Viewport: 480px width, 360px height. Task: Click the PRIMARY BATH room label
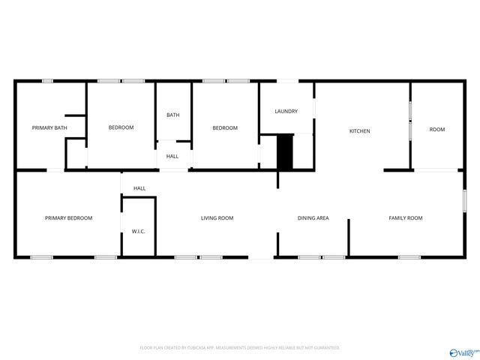pyautogui.click(x=49, y=128)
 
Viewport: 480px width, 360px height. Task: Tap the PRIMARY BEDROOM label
pyautogui.click(x=68, y=218)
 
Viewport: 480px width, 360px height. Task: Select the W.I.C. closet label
pyautogui.click(x=138, y=232)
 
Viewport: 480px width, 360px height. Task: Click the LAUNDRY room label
pyautogui.click(x=286, y=112)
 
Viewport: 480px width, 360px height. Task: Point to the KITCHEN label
pyautogui.click(x=359, y=131)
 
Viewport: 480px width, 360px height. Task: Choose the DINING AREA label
pyautogui.click(x=313, y=218)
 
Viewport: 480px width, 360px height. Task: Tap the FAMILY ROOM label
pyautogui.click(x=405, y=218)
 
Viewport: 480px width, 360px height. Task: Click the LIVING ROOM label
pyautogui.click(x=217, y=218)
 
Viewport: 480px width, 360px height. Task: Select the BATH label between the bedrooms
pyautogui.click(x=172, y=115)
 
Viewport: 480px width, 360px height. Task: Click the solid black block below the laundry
pyautogui.click(x=285, y=151)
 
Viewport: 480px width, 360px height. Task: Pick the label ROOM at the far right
pyautogui.click(x=436, y=130)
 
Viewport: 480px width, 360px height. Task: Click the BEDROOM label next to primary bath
pyautogui.click(x=121, y=127)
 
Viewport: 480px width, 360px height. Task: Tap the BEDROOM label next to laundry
pyautogui.click(x=224, y=127)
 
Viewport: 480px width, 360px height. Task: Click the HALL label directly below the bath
pyautogui.click(x=172, y=156)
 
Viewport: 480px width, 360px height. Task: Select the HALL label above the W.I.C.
pyautogui.click(x=139, y=188)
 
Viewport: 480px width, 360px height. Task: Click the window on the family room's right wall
pyautogui.click(x=464, y=201)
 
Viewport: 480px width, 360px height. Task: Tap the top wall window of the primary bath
pyautogui.click(x=47, y=81)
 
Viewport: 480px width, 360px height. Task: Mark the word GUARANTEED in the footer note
pyautogui.click(x=324, y=348)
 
